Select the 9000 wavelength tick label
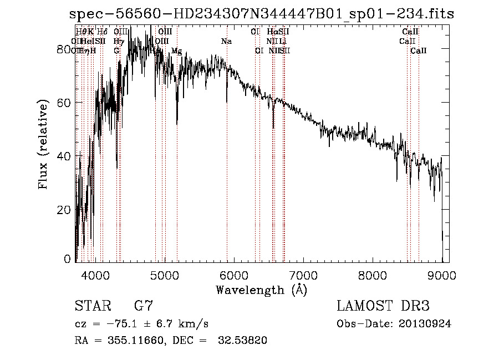[x=442, y=275]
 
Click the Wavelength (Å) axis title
[x=261, y=290]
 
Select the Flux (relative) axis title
[x=44, y=144]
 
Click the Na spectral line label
[x=226, y=41]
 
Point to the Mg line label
[x=176, y=51]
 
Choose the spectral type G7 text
[x=143, y=306]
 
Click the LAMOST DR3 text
[x=383, y=306]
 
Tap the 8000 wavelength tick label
[x=373, y=275]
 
